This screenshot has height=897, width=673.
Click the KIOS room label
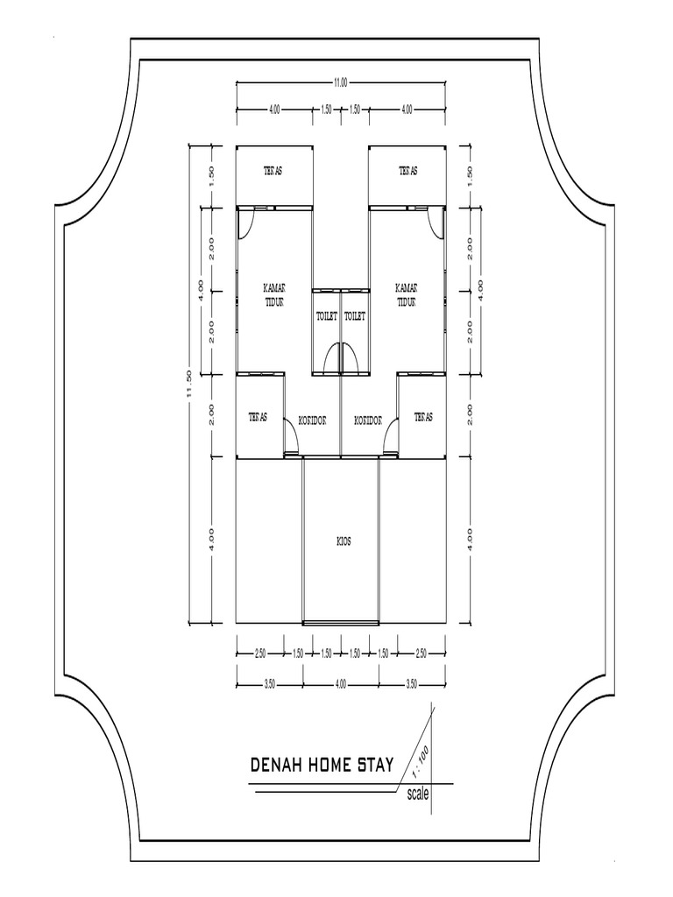pos(344,541)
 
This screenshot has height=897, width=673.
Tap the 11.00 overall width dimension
pos(339,83)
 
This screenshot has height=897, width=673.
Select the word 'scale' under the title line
pos(418,795)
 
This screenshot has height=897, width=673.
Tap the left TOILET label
pos(326,315)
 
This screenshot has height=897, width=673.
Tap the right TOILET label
pos(354,315)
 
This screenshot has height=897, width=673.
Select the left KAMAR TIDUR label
pos(276,294)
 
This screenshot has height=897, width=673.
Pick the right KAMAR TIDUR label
pos(407,294)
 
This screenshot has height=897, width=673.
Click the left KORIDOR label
pos(312,420)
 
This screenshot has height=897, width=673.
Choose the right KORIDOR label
pos(368,420)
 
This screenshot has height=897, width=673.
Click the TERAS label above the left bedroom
pos(273,172)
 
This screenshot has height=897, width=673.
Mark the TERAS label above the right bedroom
pos(408,172)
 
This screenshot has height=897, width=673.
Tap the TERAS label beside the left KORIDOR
pos(257,417)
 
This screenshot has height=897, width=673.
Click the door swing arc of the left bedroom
pos(248,223)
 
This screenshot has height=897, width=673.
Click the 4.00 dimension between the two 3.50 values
pos(340,684)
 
